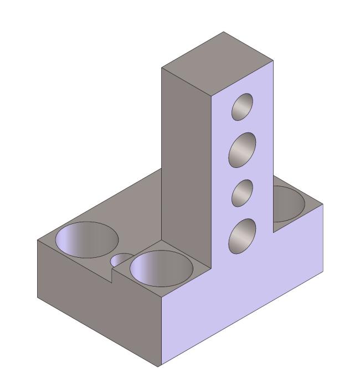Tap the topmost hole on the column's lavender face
[242, 106]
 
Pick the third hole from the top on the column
[242, 193]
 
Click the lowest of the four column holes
[242, 236]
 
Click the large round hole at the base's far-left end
[87, 240]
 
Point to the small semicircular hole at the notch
[122, 259]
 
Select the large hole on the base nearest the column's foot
[161, 268]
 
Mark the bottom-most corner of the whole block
[160, 366]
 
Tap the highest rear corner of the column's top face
[224, 32]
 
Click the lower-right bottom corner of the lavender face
[323, 273]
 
